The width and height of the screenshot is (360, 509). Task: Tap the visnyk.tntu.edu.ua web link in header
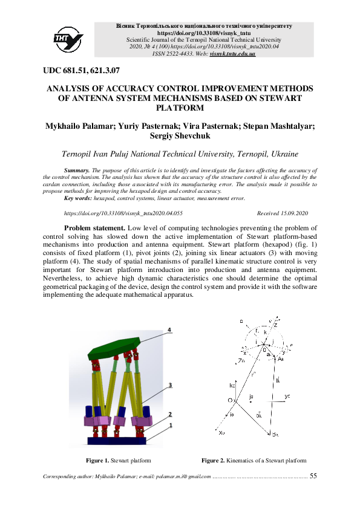pos(232,54)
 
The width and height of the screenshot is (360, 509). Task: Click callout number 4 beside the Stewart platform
pos(170,330)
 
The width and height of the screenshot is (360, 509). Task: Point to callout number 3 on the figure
pos(171,384)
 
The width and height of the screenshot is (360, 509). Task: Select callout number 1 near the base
pos(171,425)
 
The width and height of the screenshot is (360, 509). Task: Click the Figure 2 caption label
pos(213,461)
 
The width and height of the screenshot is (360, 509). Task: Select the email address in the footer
pos(179,476)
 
